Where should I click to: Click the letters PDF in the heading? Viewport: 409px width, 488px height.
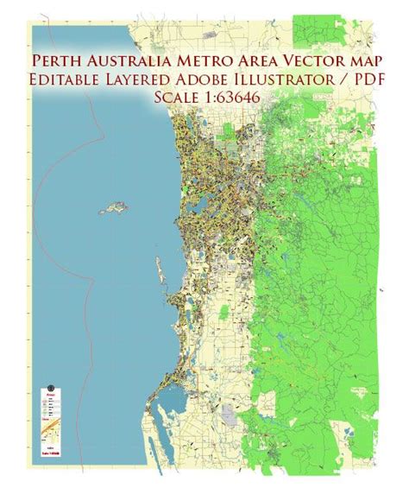point(362,80)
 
